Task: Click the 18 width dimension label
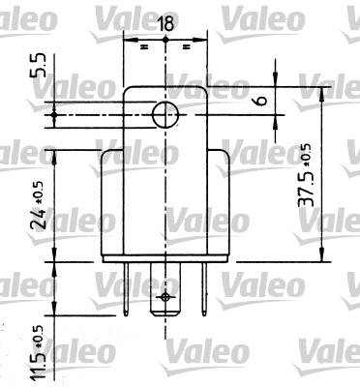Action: [165, 23]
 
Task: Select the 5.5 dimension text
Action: [38, 66]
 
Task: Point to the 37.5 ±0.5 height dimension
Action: [305, 175]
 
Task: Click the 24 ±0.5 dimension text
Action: [38, 205]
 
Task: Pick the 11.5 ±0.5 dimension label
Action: [38, 352]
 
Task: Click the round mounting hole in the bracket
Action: [165, 115]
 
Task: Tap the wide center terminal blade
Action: [165, 289]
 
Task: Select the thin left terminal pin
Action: [126, 289]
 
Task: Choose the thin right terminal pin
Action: [204, 289]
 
